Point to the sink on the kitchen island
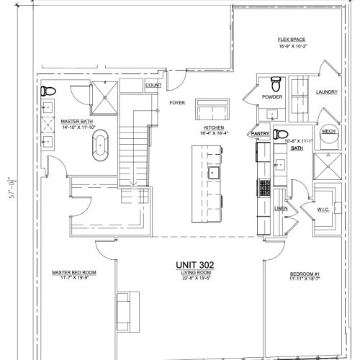pos(213,174)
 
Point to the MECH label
pos(328,132)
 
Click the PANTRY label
pos(260,133)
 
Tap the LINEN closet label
pos(281,208)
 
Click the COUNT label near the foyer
pos(153,85)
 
